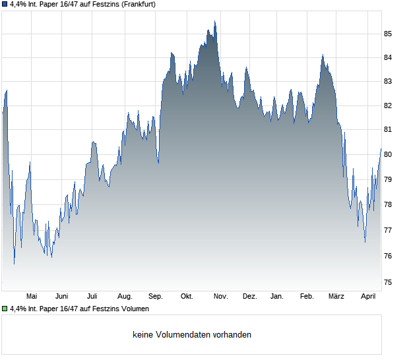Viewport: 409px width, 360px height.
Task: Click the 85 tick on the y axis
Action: tap(389, 34)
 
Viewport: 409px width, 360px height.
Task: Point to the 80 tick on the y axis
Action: tap(389, 154)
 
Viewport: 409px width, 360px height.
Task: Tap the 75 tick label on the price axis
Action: tap(389, 282)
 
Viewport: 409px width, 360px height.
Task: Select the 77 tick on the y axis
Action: tap(389, 230)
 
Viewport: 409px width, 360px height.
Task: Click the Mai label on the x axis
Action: tap(32, 297)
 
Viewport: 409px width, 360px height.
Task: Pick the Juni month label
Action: tap(62, 297)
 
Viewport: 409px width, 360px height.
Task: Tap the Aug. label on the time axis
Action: tap(125, 297)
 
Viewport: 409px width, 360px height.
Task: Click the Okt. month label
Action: tap(187, 297)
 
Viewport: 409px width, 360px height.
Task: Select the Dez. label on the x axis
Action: tap(249, 297)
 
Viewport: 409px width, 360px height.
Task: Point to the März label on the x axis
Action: tap(336, 297)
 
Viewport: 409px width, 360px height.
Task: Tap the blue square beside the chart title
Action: tap(5, 4)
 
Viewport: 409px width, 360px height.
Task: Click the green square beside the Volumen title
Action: tap(5, 309)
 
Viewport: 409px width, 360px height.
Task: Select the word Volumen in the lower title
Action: tap(137, 309)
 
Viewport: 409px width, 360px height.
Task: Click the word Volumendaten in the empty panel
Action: tap(176, 335)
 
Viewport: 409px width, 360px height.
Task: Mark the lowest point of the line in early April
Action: tap(365, 242)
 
